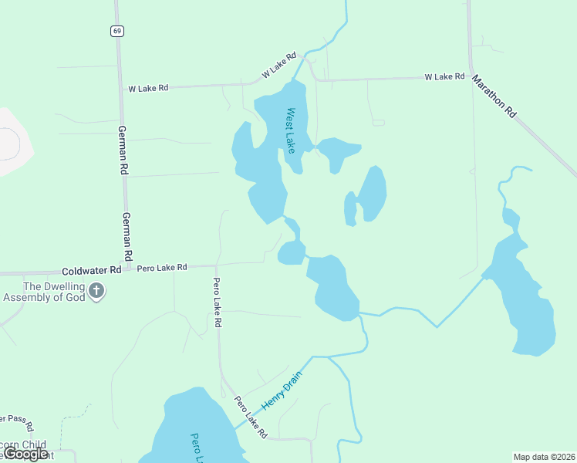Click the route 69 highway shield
[x=116, y=31]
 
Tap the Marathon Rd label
[x=494, y=95]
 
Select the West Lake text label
[x=291, y=130]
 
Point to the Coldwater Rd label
[x=92, y=271]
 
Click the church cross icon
[x=96, y=291]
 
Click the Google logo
[x=25, y=455]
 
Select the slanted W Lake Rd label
[x=278, y=65]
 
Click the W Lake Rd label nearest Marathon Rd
[x=444, y=77]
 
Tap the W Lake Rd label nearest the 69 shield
[x=148, y=89]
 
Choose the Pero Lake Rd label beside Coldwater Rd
[x=162, y=268]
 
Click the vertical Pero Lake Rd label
[x=218, y=302]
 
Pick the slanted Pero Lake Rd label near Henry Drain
[x=251, y=417]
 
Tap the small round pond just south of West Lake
[x=292, y=252]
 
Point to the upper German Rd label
[x=123, y=150]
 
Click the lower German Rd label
[x=127, y=236]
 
